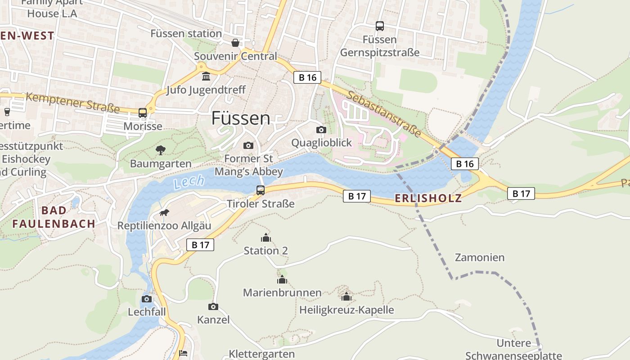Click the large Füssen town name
241,118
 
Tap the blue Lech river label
189,182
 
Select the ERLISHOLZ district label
428,198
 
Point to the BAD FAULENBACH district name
54,217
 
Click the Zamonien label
480,258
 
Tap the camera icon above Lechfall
147,299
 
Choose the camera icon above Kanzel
213,307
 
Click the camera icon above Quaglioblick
321,130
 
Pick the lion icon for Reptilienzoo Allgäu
164,212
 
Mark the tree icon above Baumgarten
161,150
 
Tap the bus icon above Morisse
143,113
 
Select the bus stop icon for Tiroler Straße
261,190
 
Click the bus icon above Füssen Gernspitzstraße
380,26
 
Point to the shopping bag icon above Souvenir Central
235,43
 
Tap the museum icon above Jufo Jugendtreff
206,77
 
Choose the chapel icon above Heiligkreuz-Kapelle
346,297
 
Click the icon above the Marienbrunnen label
282,280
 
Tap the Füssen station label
186,34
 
